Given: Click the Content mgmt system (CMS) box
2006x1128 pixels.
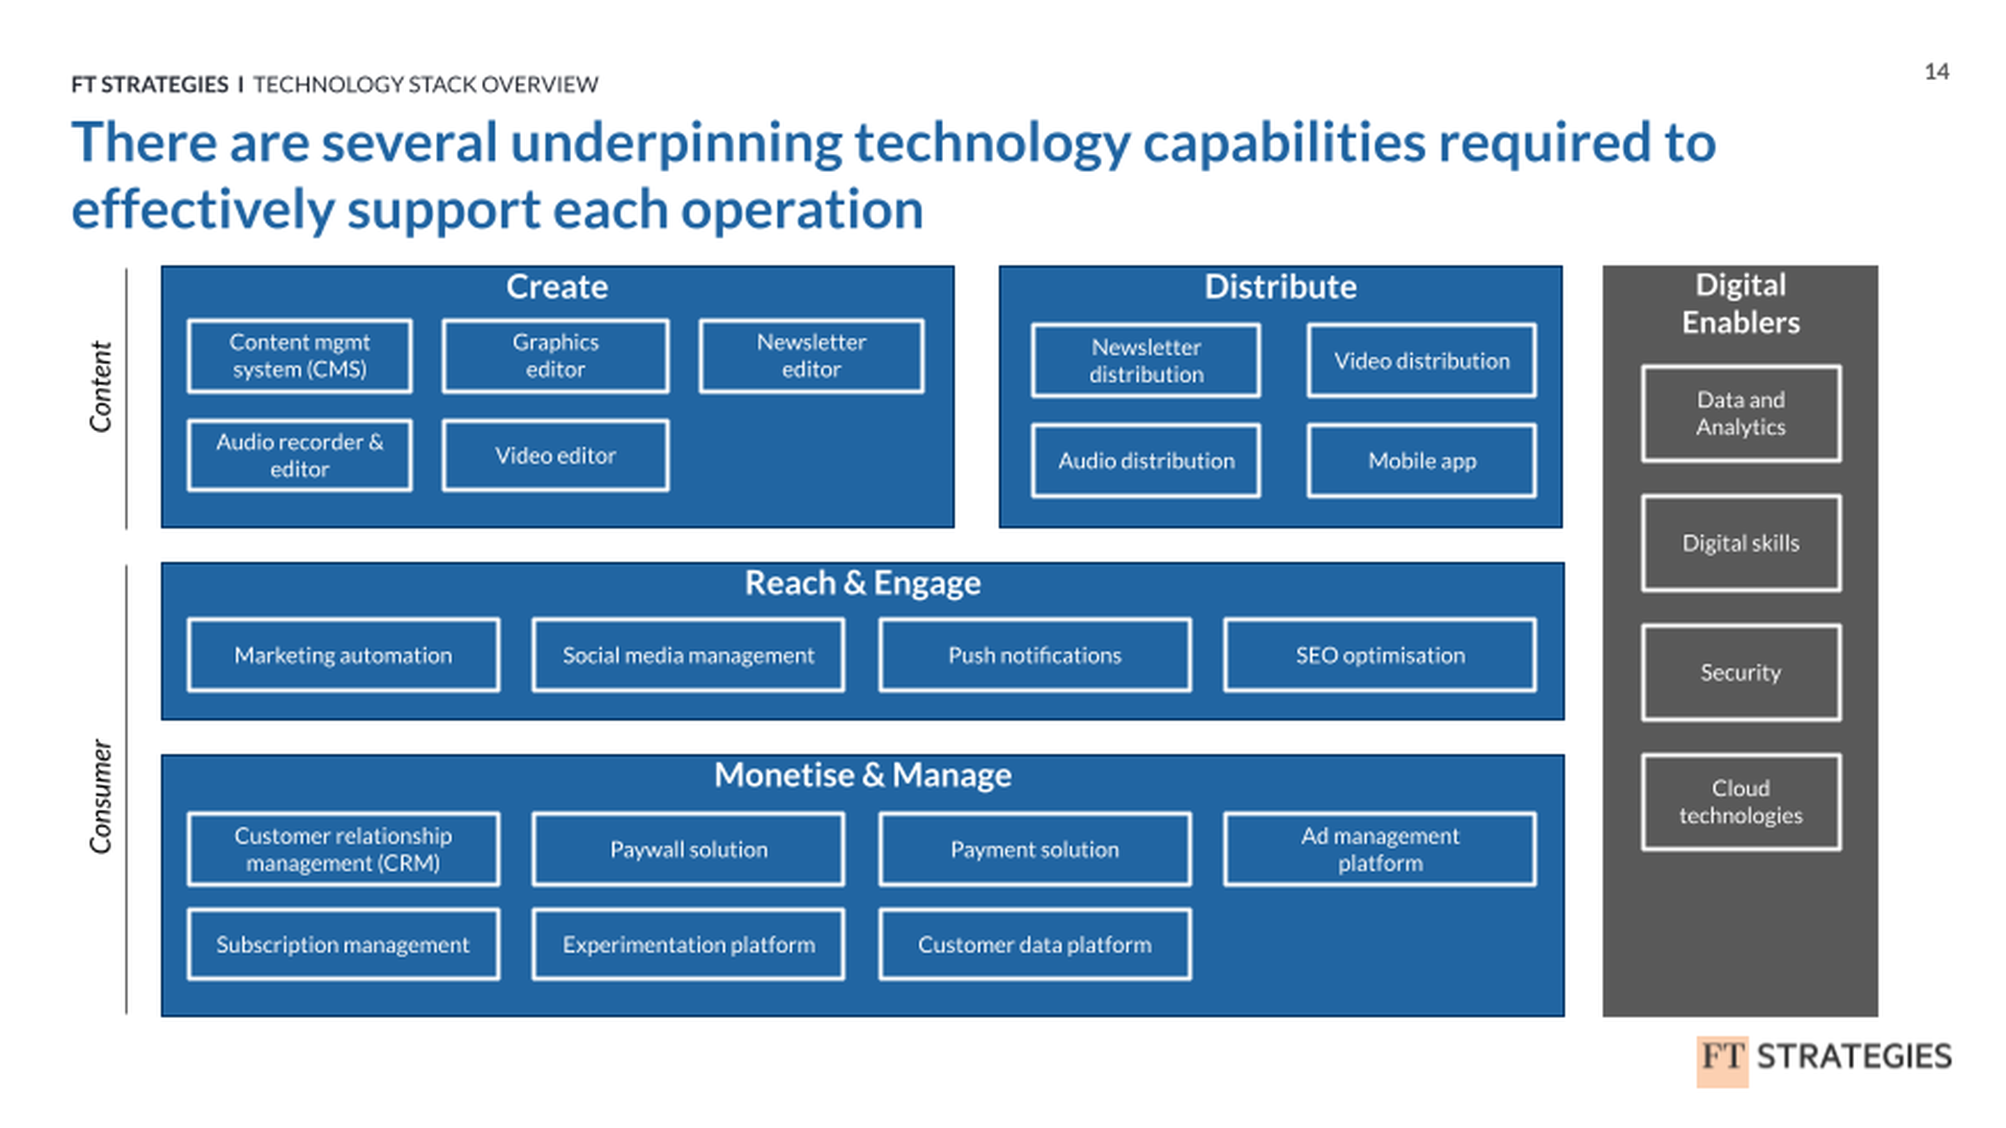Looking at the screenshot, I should (x=300, y=356).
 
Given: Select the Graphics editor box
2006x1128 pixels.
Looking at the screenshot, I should (x=555, y=356).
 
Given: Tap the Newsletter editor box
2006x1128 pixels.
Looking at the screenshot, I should (x=811, y=356).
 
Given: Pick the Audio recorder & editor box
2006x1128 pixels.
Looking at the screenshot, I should (x=300, y=455).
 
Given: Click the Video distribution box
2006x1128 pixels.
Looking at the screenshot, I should (x=1421, y=361).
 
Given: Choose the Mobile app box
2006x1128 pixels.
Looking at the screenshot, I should (x=1421, y=460).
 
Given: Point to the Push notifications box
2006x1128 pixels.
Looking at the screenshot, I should (x=1034, y=655).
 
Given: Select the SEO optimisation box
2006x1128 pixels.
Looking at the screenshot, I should (x=1379, y=655).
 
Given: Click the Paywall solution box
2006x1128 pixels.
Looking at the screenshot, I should (x=688, y=849).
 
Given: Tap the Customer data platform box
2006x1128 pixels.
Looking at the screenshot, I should (x=1034, y=944).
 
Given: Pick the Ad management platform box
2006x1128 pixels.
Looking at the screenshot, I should (x=1379, y=849).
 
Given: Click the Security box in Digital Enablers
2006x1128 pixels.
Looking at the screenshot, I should (x=1741, y=672).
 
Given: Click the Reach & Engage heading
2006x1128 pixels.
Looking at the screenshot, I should (x=862, y=583).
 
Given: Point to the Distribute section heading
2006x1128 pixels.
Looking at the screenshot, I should (x=1280, y=286).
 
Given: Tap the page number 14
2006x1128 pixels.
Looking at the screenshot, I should (x=1936, y=72).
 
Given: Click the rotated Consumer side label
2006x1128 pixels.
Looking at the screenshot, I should (x=101, y=796).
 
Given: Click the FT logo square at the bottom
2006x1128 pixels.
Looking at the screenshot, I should (x=1722, y=1060).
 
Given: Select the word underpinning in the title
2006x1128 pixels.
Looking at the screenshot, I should (x=676, y=144).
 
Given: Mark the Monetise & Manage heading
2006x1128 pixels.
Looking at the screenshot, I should (x=862, y=774).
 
